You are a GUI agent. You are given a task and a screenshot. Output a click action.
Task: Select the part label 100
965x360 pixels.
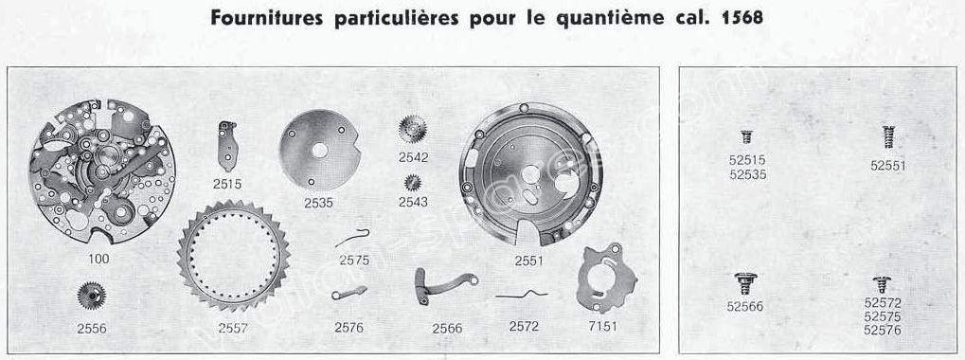[98, 259]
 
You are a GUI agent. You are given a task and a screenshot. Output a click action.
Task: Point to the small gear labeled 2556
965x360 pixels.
[92, 296]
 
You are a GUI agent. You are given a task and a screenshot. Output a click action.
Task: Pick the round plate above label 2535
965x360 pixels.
[319, 150]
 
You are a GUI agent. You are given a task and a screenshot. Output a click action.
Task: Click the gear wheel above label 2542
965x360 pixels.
[412, 129]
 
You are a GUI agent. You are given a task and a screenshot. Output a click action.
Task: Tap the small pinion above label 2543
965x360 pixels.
[412, 182]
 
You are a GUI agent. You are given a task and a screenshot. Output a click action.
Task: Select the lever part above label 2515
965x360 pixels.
[227, 146]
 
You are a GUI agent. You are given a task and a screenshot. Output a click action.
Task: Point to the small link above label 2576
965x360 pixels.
[348, 293]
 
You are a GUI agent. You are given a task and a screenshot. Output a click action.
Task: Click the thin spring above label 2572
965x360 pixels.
[522, 294]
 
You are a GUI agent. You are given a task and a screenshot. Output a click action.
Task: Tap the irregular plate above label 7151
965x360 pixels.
[606, 278]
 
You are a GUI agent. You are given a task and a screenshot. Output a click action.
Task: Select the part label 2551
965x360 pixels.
[529, 261]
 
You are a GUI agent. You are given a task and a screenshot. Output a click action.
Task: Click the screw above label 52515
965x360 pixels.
[746, 136]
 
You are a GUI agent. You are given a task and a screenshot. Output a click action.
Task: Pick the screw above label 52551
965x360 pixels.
[887, 137]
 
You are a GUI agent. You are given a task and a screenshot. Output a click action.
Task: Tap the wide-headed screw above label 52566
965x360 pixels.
[745, 283]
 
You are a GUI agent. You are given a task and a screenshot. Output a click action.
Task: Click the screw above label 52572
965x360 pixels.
[882, 284]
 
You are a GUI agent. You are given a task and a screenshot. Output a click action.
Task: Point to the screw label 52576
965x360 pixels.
[883, 331]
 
